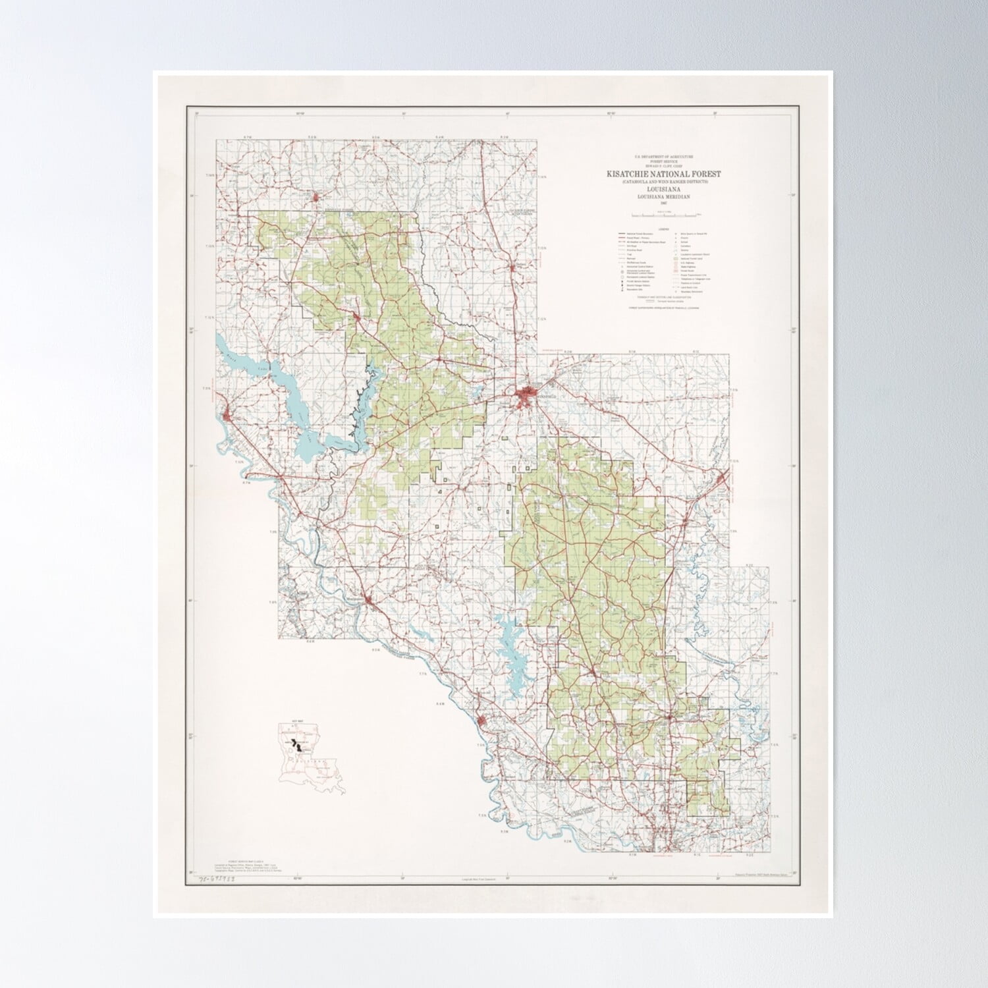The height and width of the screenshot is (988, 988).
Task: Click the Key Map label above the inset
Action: pyautogui.click(x=289, y=722)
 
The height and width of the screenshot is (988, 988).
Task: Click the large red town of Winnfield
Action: pyautogui.click(x=527, y=397)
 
